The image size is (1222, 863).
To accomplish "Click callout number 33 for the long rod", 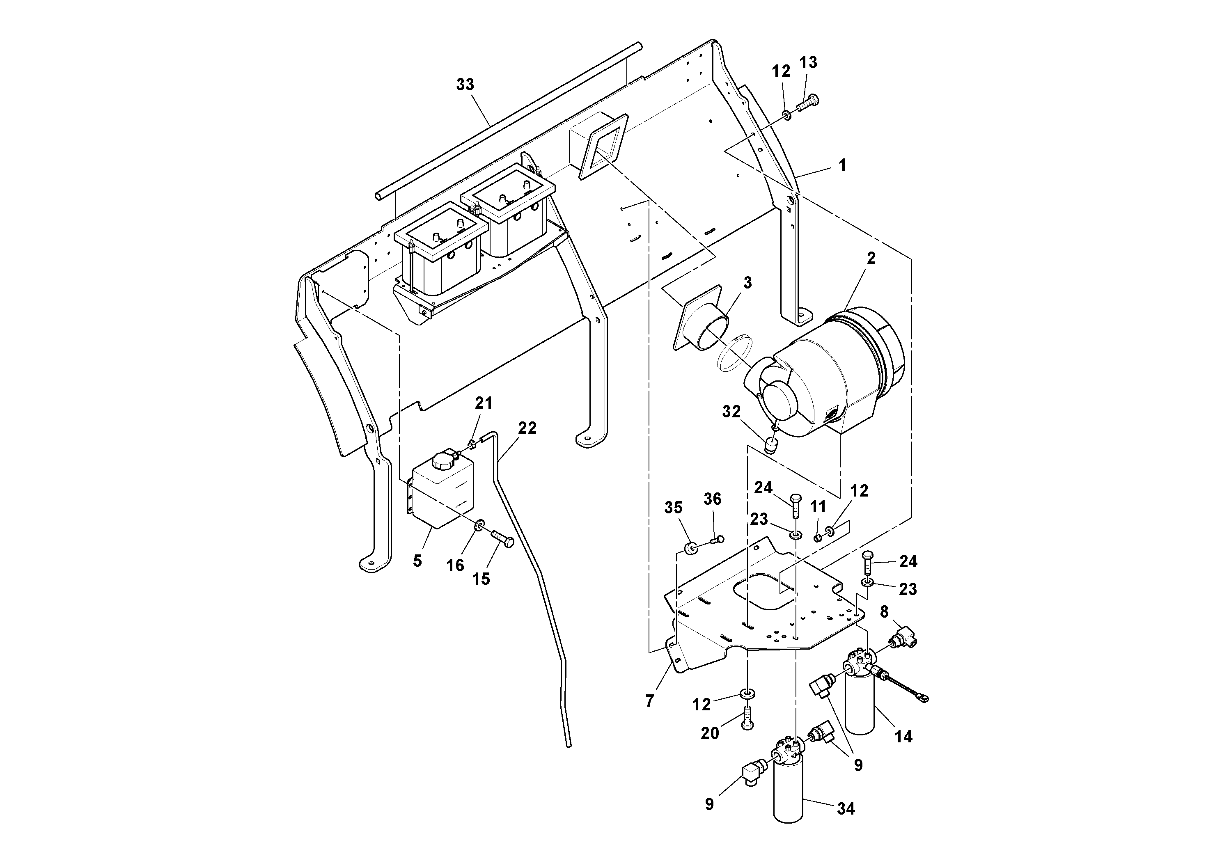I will [x=465, y=85].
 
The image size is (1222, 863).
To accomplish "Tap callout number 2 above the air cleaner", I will [x=871, y=259].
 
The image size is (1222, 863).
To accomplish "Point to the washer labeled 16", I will [x=479, y=527].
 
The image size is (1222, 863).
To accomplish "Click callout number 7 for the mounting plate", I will [x=649, y=701].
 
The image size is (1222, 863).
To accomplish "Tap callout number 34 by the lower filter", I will [x=845, y=809].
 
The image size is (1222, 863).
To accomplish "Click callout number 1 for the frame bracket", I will [x=842, y=165].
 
